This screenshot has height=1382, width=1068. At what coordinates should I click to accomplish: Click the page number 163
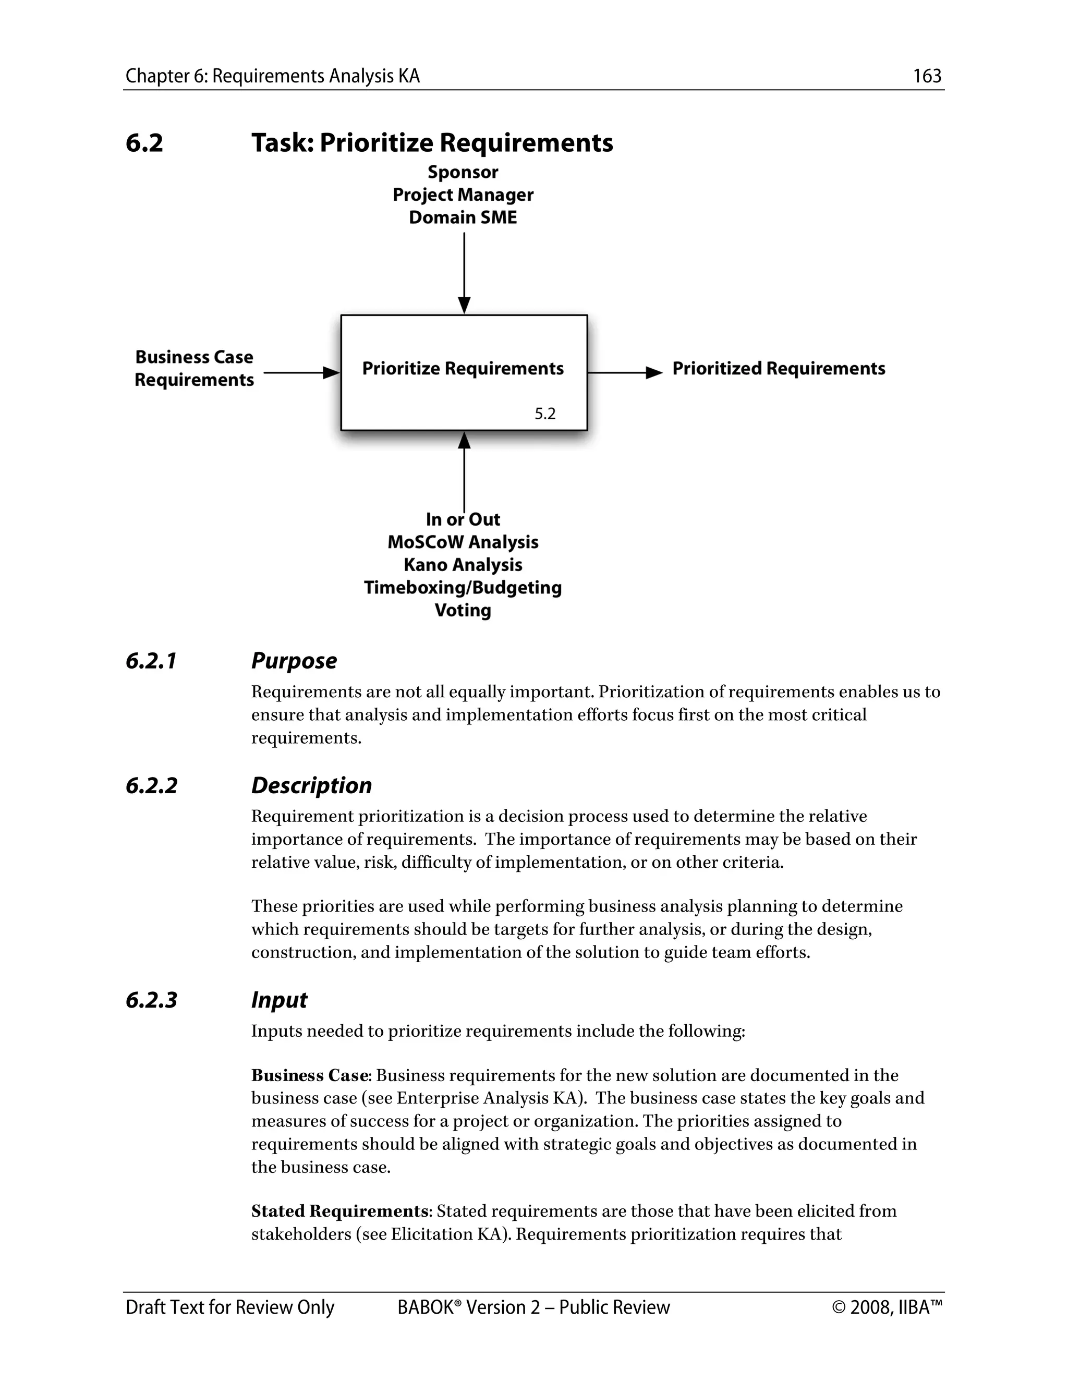pos(927,76)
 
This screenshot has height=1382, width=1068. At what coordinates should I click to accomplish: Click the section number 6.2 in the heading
pos(144,142)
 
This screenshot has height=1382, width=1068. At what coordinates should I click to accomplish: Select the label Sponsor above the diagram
pos(463,172)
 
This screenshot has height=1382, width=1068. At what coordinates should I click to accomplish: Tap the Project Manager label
pos(463,195)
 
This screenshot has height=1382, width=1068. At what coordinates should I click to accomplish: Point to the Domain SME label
pos(463,217)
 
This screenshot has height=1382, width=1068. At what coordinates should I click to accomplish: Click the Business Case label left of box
pos(193,357)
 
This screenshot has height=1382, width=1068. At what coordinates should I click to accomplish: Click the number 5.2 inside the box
pos(545,414)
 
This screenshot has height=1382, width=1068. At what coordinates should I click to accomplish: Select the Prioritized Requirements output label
pos(778,368)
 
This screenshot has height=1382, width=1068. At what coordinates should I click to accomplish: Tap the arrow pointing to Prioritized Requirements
pos(625,373)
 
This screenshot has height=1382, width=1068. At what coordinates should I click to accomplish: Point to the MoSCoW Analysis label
pos(463,542)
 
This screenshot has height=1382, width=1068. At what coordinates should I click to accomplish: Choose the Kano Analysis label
pos(463,565)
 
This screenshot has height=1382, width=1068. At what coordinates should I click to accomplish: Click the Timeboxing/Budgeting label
pos(463,588)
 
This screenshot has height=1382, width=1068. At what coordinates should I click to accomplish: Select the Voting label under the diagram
pos(463,611)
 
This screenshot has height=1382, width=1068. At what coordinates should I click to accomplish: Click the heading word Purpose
pos(294,661)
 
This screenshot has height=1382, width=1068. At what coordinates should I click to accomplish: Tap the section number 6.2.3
pos(151,1000)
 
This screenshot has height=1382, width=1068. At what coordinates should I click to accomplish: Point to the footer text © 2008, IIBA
pos(887,1307)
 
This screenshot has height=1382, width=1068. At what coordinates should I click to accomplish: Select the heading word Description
pos(311,785)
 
